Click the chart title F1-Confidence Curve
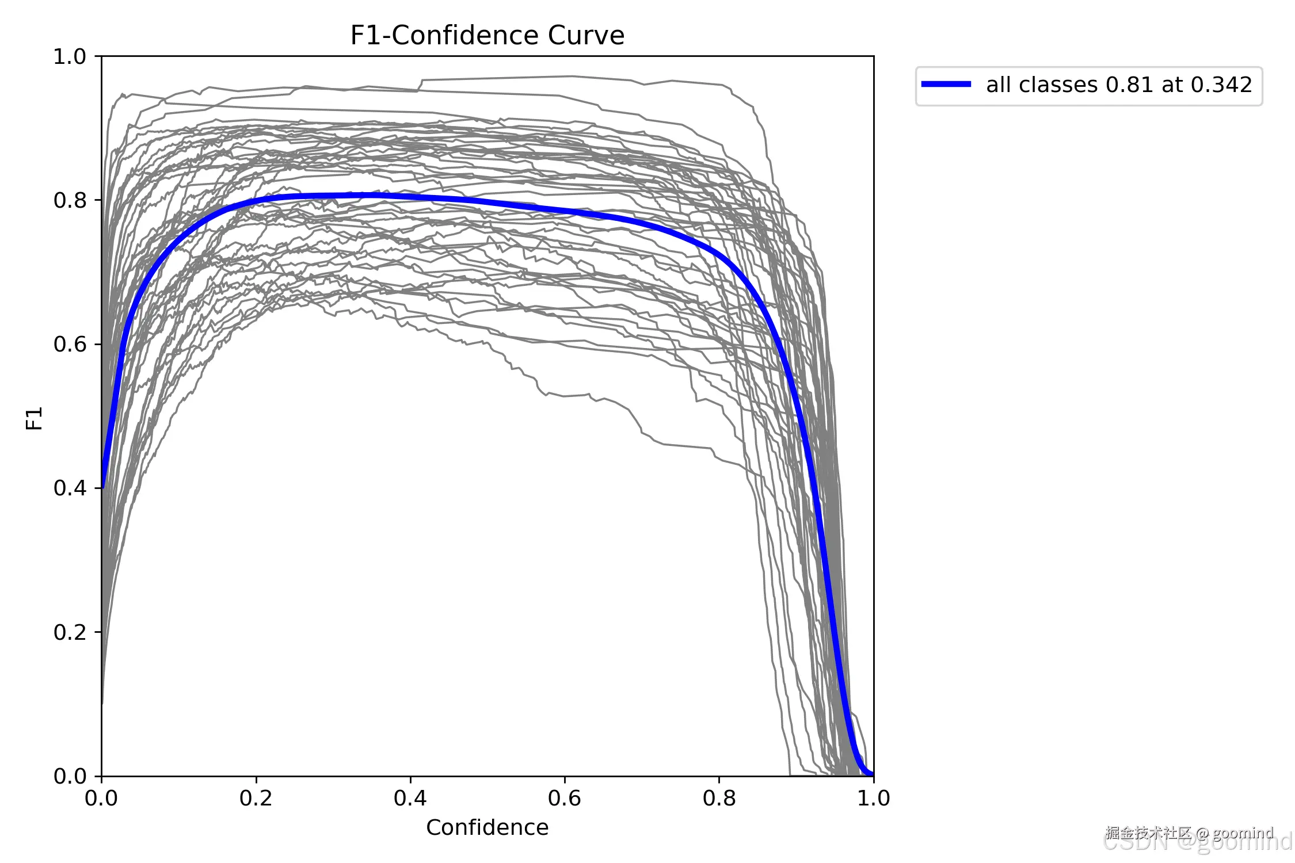(487, 36)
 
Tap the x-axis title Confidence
(487, 827)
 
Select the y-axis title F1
(35, 418)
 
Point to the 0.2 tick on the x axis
(256, 798)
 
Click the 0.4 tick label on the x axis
(410, 798)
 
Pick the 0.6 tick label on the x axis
(564, 798)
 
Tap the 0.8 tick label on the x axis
(719, 798)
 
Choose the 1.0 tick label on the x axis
(873, 798)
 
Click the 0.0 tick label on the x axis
(101, 798)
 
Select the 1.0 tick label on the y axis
(69, 57)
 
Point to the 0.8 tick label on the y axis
(69, 201)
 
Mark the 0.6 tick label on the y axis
(69, 345)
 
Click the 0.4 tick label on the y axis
(69, 488)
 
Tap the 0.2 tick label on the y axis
(69, 632)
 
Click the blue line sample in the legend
(946, 85)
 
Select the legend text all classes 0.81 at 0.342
(1119, 85)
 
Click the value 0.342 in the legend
(1221, 85)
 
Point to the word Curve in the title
(586, 36)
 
